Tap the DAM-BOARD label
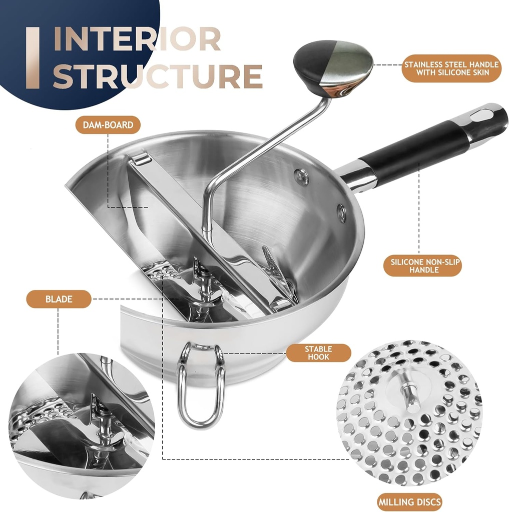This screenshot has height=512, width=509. pyautogui.click(x=108, y=124)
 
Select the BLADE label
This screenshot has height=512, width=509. pyautogui.click(x=59, y=299)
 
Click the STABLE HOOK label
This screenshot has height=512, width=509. pyautogui.click(x=318, y=353)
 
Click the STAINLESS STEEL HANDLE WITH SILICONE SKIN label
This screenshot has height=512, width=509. pyautogui.click(x=451, y=68)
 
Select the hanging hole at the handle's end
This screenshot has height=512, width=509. pyautogui.click(x=482, y=116)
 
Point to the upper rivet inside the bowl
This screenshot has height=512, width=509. pyautogui.click(x=301, y=177)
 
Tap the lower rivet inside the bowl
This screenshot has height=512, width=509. pyautogui.click(x=341, y=212)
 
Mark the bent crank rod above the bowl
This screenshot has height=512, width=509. pyautogui.click(x=260, y=160)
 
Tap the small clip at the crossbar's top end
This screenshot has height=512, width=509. pyautogui.click(x=141, y=159)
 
